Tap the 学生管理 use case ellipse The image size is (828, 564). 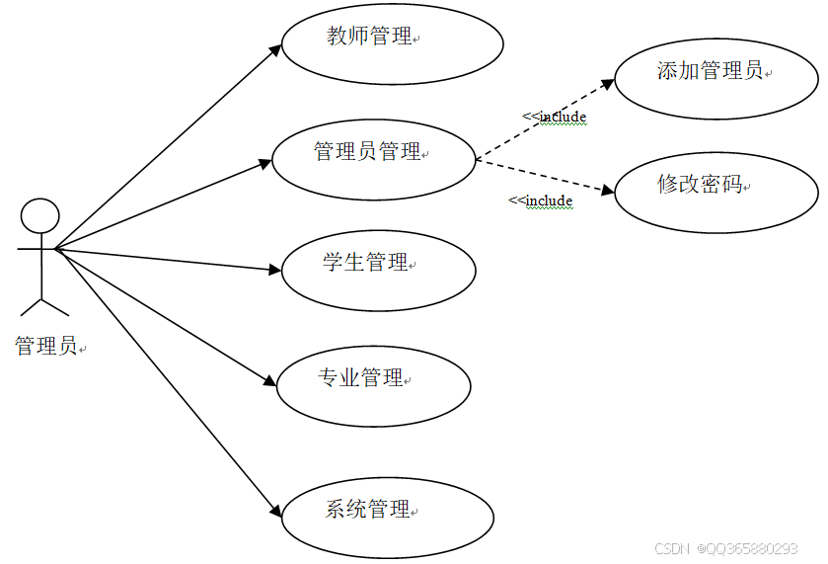tap(378, 269)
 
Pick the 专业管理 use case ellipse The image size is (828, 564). tap(373, 385)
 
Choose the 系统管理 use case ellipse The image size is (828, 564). tap(388, 517)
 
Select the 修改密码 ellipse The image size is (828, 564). tap(716, 192)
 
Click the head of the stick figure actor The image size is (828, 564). tap(40, 216)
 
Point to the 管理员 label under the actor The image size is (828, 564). tap(45, 346)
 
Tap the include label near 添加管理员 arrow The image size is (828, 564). tap(555, 117)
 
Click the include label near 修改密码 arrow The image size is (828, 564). tap(541, 201)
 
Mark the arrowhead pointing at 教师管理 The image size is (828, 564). tap(277, 48)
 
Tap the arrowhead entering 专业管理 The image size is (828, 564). tap(270, 381)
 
